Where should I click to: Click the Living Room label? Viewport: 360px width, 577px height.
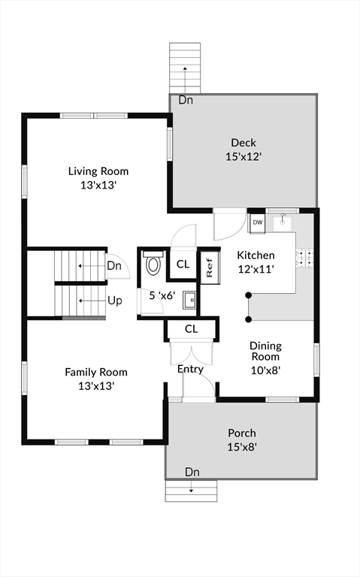98,171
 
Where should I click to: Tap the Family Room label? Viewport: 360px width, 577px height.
96,372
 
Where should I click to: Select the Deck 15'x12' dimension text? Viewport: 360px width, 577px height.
244,157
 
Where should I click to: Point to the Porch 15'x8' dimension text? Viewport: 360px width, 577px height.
242,447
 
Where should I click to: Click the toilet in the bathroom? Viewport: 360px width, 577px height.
153,262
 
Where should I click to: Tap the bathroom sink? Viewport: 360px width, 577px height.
190,300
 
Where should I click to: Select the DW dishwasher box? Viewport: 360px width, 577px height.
258,222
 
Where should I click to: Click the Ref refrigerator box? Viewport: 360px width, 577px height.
210,267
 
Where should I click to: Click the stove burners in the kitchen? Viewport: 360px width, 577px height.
305,258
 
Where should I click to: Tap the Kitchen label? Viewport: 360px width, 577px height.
256,255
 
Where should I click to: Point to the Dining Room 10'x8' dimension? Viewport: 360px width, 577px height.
266,370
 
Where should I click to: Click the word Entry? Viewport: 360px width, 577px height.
190,369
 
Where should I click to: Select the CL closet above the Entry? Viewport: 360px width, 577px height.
191,329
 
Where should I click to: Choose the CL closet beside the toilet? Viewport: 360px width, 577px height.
183,264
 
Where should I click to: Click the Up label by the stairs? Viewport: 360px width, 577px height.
115,301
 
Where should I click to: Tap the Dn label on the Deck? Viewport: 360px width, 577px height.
186,100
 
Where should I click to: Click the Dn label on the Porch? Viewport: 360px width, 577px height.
192,472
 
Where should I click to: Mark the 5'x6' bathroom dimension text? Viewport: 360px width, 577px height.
162,295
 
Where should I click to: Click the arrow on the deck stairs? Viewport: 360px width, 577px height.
184,80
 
